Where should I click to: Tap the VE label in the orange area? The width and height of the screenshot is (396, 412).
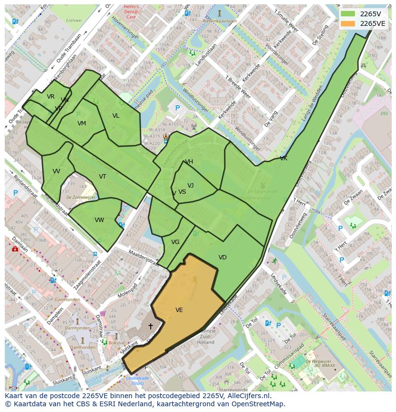[179, 310]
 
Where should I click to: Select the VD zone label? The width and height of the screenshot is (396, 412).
[222, 257]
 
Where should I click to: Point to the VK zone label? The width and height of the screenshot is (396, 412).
[284, 158]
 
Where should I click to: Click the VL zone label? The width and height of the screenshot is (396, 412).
[116, 116]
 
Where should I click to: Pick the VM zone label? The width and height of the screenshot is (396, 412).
[82, 123]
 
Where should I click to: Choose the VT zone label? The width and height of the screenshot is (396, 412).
[102, 177]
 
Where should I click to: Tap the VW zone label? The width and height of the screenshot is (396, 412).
[99, 220]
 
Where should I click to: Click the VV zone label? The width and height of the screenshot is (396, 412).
[56, 171]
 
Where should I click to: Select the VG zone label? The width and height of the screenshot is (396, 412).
[175, 242]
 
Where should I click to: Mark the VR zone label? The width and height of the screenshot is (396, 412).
[51, 97]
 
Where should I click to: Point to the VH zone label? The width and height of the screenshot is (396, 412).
[189, 162]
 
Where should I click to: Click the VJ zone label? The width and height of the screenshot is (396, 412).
[190, 186]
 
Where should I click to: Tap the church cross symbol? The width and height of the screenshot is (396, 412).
[151, 326]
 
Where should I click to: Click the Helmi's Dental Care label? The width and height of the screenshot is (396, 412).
[131, 11]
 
